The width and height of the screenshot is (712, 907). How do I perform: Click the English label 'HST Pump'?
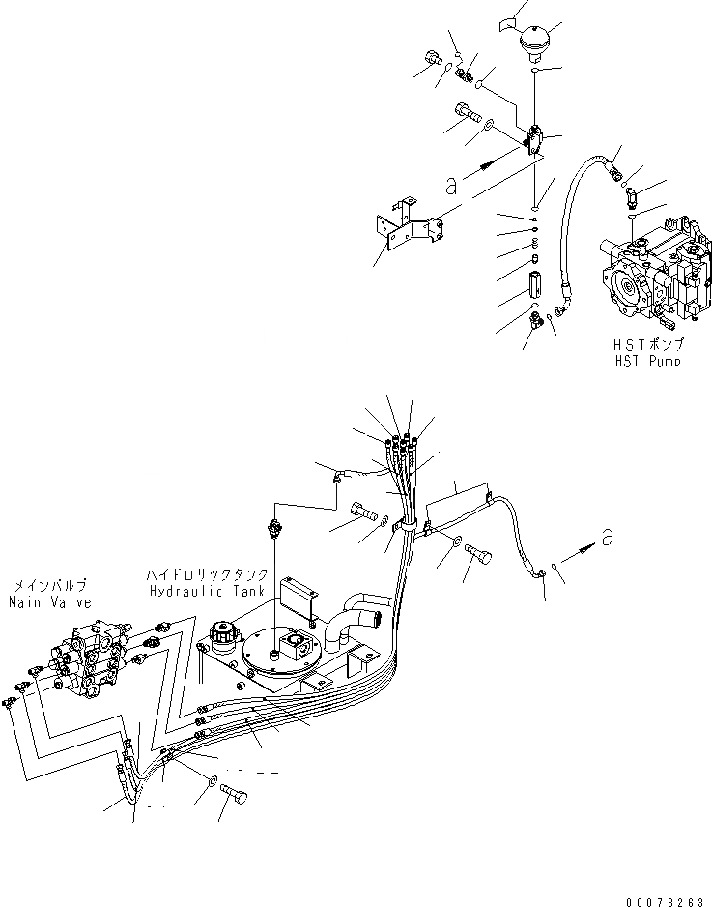coord(646,361)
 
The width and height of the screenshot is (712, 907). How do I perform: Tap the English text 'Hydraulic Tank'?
coord(199,591)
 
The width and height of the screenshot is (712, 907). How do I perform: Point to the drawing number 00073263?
coord(662,901)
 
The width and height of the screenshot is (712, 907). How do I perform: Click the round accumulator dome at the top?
coord(534,43)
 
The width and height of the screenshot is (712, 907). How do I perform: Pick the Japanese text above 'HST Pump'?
coord(646,345)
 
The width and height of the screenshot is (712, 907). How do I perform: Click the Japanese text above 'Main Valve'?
coord(49,585)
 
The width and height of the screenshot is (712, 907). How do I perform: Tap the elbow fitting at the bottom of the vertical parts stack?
coord(534,328)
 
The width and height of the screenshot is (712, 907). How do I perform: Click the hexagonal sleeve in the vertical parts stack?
coord(536,288)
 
